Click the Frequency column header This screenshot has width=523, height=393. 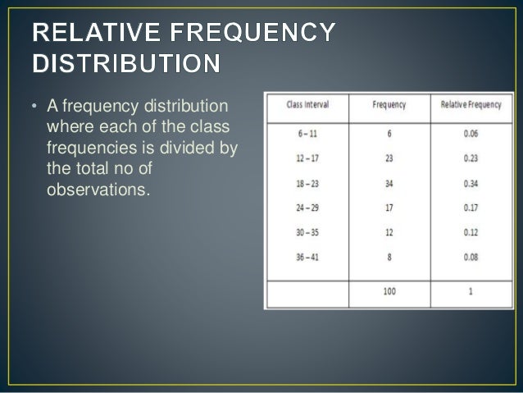coord(389,105)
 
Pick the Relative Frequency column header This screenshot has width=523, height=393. coord(470,105)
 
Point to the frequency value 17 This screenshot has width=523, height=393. coord(389,208)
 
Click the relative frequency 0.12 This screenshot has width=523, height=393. coord(471,231)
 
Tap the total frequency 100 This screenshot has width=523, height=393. coord(389,291)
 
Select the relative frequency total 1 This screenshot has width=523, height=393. coord(471,291)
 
